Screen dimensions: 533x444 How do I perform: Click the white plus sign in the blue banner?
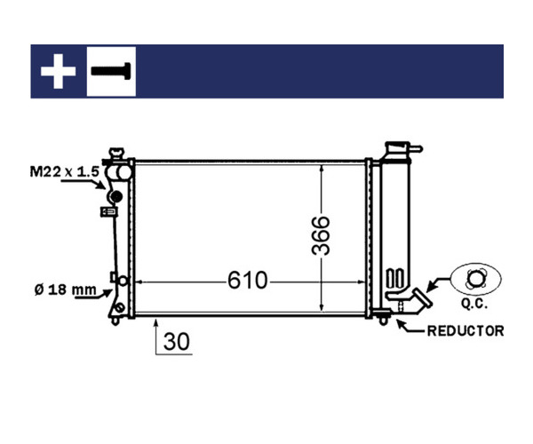pos(58,71)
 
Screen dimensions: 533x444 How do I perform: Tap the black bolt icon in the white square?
pos(111,71)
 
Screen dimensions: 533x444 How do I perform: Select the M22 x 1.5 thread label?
pos(65,171)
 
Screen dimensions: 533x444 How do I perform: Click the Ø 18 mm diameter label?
pos(65,290)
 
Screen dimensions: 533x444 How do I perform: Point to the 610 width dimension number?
pos(248,281)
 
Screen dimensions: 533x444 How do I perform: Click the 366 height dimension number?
pos(321,235)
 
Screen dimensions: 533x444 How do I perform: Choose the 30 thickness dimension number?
pos(177,341)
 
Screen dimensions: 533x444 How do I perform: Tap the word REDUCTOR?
pos(465,331)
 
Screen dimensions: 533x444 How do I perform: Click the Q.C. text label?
pos(474,304)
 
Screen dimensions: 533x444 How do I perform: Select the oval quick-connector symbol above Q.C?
pos(476,279)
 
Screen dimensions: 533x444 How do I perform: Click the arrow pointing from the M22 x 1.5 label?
pos(84,183)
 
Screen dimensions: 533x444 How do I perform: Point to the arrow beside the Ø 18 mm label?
pos(94,295)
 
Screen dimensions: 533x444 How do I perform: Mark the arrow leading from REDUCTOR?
pos(410,328)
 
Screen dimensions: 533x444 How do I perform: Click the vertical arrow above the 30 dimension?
pos(156,337)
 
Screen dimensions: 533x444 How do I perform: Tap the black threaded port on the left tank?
pos(115,196)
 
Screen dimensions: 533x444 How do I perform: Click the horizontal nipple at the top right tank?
pos(416,148)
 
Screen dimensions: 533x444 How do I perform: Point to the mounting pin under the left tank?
pos(115,321)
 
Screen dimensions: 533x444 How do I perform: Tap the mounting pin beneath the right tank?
pos(384,321)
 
